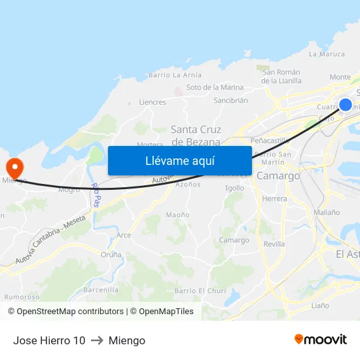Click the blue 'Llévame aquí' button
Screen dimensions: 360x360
(179, 160)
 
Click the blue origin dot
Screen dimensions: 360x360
(346, 105)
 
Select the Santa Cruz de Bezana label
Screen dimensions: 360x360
(196, 135)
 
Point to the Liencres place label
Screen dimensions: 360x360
(153, 102)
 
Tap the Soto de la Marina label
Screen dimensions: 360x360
(215, 87)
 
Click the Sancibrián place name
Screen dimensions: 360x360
(230, 100)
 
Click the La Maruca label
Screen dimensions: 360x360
(326, 54)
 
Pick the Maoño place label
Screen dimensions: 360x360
(177, 215)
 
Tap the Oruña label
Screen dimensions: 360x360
(111, 255)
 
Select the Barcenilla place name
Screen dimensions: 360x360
(101, 289)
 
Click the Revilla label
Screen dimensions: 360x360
(274, 244)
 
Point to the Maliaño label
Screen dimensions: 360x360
(327, 212)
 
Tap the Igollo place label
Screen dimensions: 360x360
(234, 188)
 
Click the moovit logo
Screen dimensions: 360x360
(321, 339)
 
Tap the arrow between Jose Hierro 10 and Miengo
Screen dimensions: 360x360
(97, 340)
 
